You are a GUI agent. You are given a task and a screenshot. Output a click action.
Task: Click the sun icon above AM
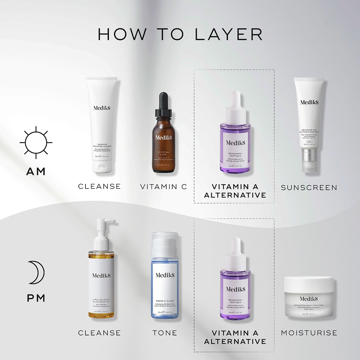coord(36,143)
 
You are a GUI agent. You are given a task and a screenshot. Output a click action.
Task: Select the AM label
coord(36,172)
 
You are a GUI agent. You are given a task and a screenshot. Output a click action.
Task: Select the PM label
coord(36,298)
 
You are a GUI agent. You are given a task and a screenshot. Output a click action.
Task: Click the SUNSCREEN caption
coord(309,188)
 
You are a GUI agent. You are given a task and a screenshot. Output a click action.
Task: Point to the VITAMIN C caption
coord(164,187)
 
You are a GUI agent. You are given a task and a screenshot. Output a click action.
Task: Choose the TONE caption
coord(165,333)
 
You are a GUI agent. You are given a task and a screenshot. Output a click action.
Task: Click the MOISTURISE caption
coord(309,333)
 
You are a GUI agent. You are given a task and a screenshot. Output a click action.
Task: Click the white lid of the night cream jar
coord(309,284)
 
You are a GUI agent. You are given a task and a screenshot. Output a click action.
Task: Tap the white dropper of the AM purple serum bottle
coord(236,105)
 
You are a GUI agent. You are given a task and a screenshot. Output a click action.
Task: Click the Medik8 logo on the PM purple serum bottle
coord(235,289)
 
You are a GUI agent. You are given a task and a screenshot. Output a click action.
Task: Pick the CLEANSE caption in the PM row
coord(99,333)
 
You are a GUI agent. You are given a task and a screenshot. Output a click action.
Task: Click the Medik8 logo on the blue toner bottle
coord(165,275)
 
